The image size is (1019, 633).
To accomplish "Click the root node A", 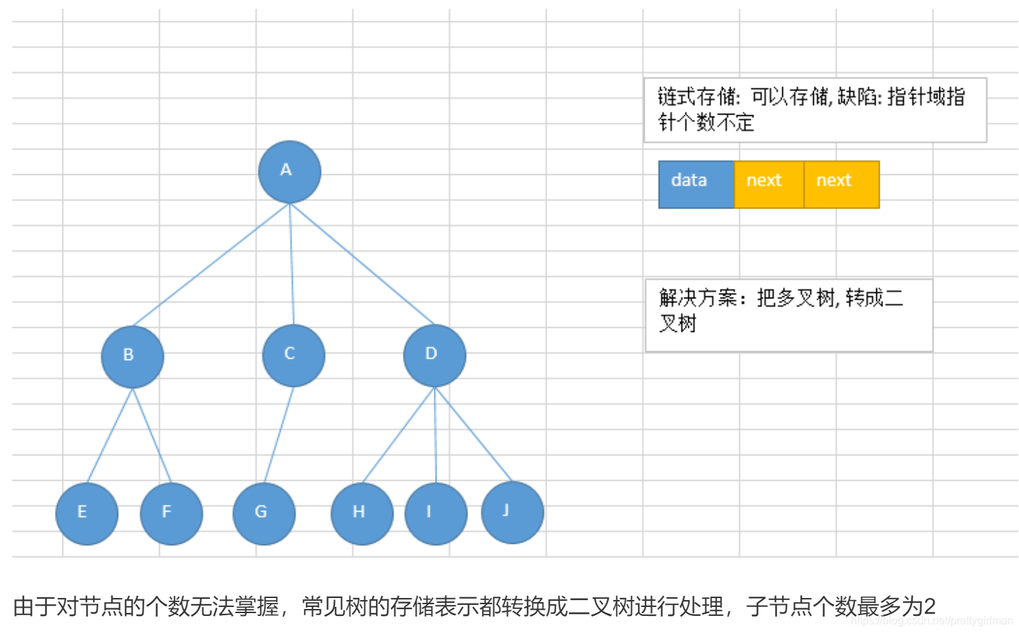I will tap(289, 171).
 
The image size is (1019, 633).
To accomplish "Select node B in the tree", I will tap(132, 357).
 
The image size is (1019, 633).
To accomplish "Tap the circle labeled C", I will tap(293, 355).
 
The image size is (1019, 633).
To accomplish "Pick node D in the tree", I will tap(434, 355).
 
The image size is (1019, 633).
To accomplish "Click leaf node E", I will tap(86, 514).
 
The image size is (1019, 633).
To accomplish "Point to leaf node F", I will tap(171, 514).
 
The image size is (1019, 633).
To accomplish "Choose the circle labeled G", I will tap(263, 514).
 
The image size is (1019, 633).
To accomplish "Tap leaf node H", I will tap(362, 514).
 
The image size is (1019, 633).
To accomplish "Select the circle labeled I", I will tap(436, 514).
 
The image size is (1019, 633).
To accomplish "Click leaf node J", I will tap(512, 512).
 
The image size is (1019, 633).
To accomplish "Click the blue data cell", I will tap(696, 184).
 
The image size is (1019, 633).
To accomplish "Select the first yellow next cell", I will tap(769, 184).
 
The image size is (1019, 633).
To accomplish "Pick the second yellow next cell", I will tap(841, 184).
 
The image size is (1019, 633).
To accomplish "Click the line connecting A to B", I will tap(211, 264).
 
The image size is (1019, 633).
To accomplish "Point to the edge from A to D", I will tap(362, 264).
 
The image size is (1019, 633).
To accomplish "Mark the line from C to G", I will tap(279, 435).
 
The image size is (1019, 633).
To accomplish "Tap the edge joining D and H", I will tap(399, 435).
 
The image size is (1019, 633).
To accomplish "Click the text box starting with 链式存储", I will tap(815, 110).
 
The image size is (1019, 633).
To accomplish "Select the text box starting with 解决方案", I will tap(788, 315).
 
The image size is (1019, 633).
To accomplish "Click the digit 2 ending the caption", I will tap(929, 607).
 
